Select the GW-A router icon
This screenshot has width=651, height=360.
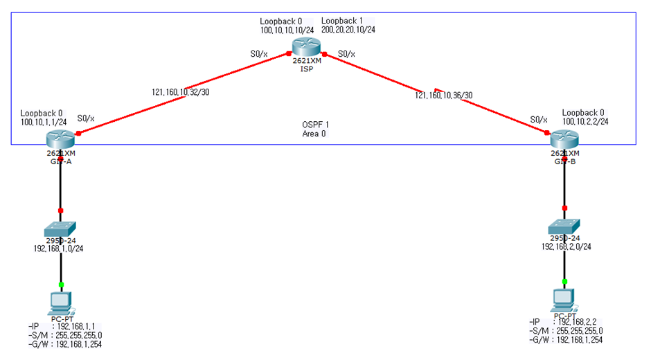coord(60,138)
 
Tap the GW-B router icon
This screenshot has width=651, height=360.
coord(564,138)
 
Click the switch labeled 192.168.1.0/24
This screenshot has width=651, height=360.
coord(61,228)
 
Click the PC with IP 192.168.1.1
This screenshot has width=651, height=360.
coord(61,302)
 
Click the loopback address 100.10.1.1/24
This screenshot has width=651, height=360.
coord(44,122)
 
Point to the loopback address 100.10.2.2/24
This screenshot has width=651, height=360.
coord(585,122)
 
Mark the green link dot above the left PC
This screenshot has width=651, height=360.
coord(61,285)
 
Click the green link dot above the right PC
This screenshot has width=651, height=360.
coord(564,281)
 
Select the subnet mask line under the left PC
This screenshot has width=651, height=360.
coord(66,335)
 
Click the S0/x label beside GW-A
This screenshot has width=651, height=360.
coord(87,118)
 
